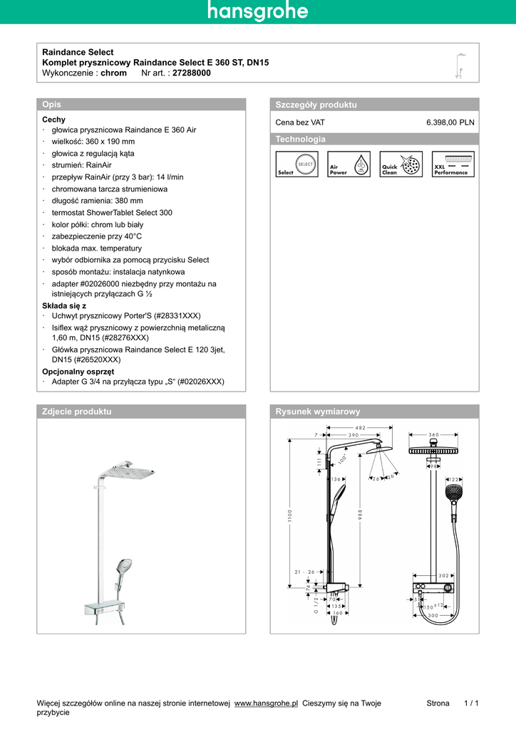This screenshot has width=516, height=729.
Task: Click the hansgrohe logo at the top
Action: click(x=258, y=11)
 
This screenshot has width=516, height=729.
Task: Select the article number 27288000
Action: click(x=192, y=73)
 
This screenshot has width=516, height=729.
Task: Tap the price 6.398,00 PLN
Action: click(x=450, y=122)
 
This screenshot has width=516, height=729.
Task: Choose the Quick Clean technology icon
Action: click(x=401, y=164)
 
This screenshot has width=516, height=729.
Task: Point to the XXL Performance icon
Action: click(x=453, y=164)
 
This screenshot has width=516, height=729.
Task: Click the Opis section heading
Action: click(x=52, y=105)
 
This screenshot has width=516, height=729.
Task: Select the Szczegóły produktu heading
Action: click(x=316, y=105)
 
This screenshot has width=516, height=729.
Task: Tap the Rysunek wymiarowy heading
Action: click(x=318, y=411)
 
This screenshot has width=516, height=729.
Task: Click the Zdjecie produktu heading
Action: click(x=76, y=411)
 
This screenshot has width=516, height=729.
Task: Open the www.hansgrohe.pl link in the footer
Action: click(x=266, y=703)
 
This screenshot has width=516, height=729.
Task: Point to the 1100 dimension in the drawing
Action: click(x=290, y=515)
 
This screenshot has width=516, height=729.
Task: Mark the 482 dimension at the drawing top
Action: click(x=360, y=427)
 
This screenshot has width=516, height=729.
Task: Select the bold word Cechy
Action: click(x=53, y=120)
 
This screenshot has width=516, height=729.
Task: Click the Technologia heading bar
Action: click(x=300, y=139)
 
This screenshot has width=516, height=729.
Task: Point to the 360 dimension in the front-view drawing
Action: click(x=434, y=434)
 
